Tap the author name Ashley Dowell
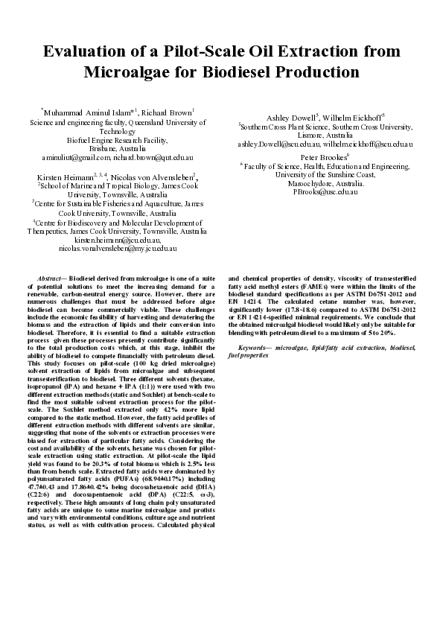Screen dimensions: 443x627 pyautogui.click(x=291, y=117)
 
